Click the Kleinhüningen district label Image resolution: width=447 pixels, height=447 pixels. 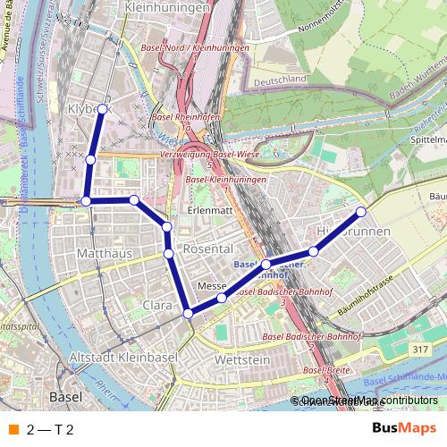169,7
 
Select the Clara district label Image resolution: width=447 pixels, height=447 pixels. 157,306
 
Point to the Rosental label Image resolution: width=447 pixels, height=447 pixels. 207,248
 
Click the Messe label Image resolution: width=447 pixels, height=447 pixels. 212,286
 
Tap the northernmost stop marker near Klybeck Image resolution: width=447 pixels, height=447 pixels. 102,109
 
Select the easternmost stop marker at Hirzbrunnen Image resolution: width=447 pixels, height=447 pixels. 361,212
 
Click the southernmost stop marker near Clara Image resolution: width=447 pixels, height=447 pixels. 188,313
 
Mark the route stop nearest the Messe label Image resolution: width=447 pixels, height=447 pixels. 222,295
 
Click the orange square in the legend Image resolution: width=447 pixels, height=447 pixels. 13,429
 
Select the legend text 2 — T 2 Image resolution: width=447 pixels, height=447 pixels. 50,429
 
